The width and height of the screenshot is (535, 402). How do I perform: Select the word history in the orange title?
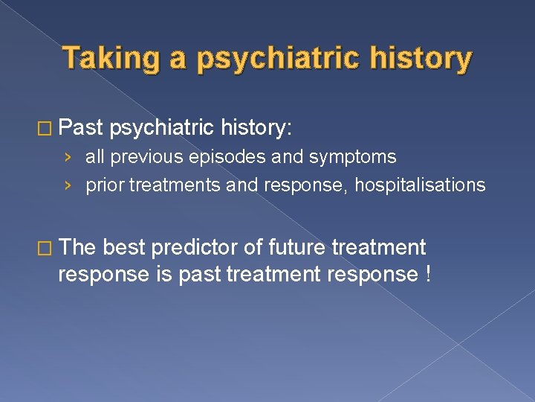(423, 58)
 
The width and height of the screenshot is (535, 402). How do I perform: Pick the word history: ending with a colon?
(257, 128)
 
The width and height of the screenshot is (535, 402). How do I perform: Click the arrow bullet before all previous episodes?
(68, 157)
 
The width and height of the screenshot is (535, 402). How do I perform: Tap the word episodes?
(217, 157)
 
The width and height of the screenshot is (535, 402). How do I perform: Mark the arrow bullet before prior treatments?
(68, 185)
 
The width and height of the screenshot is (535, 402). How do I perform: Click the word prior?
(106, 185)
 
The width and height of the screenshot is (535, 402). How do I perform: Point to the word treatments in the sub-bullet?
(175, 185)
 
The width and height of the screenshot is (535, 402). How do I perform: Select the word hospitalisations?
(420, 185)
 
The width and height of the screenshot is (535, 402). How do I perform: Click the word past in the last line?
(198, 274)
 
